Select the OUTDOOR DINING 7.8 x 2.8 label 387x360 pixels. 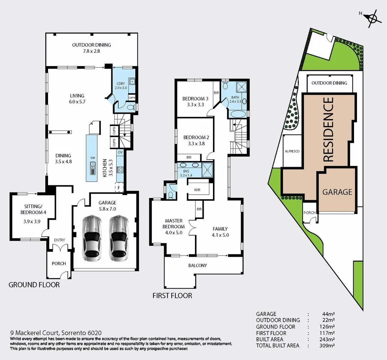(x=92, y=48)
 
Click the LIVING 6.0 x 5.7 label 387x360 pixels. (x=77, y=99)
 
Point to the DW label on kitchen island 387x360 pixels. (x=93, y=158)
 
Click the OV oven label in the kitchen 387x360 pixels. (x=120, y=152)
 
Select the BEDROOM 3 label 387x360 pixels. (x=195, y=101)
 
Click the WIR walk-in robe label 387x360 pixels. (x=197, y=190)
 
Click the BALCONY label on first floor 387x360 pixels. (x=198, y=265)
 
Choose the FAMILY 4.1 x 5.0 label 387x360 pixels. (x=220, y=232)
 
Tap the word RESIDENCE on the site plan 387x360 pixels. (x=328, y=129)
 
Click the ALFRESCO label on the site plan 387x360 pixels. (x=292, y=151)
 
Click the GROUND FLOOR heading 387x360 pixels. (x=34, y=285)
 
